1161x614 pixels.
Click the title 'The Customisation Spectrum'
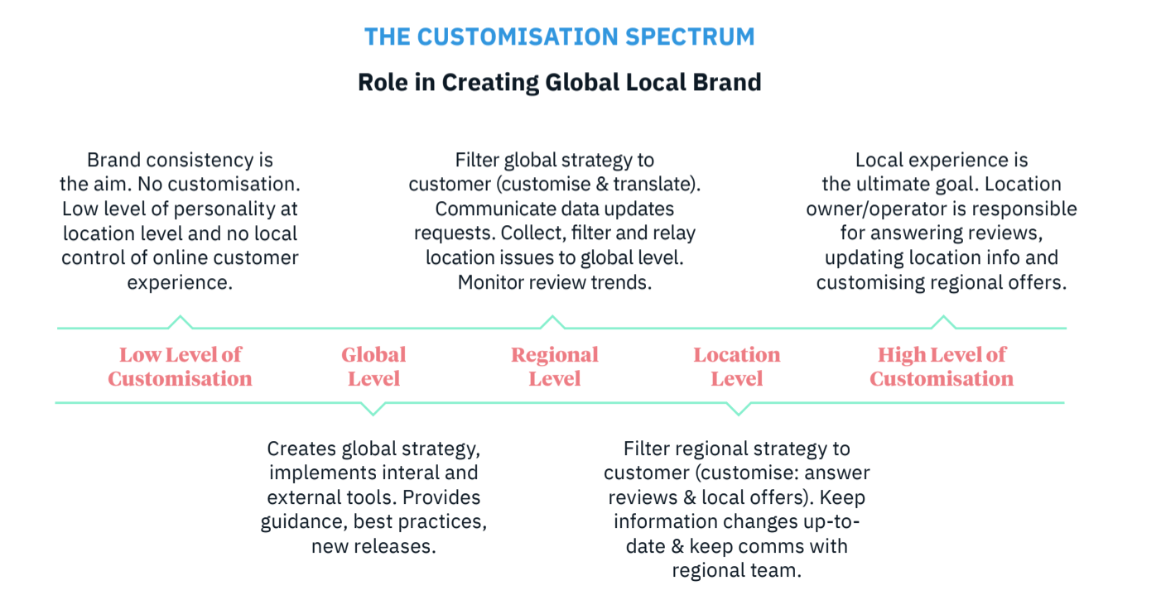[559, 36]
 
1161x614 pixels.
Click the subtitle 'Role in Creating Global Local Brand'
[559, 82]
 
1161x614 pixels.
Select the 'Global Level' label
[373, 367]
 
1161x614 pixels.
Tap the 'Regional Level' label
[555, 367]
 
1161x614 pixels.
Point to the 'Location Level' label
[736, 367]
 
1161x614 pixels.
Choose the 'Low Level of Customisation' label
[180, 367]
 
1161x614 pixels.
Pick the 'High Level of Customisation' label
[942, 367]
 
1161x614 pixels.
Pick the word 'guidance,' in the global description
[304, 521]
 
